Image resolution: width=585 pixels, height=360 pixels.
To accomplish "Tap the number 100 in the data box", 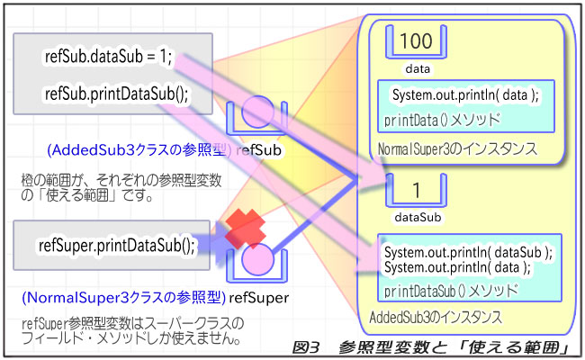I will pos(415,40).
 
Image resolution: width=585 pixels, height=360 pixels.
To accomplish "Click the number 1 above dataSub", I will pos(415,191).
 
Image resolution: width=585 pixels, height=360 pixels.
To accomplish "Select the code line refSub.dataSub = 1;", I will pos(107,58).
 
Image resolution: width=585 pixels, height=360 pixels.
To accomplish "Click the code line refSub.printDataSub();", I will pos(118,94).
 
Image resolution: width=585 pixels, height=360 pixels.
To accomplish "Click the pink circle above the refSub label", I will pos(257,112).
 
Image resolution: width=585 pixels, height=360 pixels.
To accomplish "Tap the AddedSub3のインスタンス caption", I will pos(436,318).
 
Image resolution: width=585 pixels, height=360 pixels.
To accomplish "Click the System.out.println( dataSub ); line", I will pos(469,252).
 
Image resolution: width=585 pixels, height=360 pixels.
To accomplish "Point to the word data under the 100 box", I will pos(416,67).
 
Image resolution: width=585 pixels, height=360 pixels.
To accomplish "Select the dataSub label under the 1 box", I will pos(417,217).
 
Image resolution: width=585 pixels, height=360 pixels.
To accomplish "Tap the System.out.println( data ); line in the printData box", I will pos(465,95).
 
